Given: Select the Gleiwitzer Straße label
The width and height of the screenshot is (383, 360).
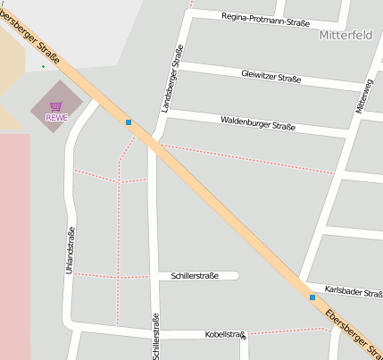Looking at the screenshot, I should (271, 78).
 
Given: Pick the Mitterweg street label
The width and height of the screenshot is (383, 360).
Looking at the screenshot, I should (362, 95).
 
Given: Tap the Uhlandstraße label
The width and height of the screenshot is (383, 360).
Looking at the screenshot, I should (71, 251).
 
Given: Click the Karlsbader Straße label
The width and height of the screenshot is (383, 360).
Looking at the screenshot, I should (354, 292).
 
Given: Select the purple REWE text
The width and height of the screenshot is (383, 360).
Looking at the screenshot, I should (57, 117).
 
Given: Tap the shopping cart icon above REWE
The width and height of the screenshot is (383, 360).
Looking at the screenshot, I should (57, 105).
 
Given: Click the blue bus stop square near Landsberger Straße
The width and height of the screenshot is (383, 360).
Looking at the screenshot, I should (129, 121).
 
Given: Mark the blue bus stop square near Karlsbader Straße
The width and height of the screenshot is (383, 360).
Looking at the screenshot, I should (312, 297).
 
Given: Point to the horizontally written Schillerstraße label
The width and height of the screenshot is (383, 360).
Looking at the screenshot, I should (194, 276).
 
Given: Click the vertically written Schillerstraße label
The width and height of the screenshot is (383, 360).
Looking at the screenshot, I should (156, 337).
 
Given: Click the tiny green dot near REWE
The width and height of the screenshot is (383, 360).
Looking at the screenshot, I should (42, 66).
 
